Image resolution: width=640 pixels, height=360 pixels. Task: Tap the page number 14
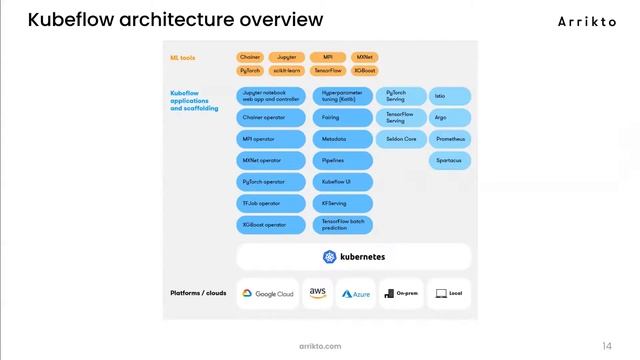pyautogui.click(x=607, y=346)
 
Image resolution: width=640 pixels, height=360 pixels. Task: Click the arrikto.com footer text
pyautogui.click(x=320, y=346)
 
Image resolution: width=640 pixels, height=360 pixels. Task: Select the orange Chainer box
pyautogui.click(x=250, y=58)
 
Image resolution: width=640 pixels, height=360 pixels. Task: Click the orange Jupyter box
pyautogui.click(x=286, y=58)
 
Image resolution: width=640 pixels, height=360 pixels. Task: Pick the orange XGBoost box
pyautogui.click(x=365, y=71)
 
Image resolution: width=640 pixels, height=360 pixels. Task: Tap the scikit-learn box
pyautogui.click(x=286, y=71)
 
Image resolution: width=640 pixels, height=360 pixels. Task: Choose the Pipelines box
pyautogui.click(x=342, y=160)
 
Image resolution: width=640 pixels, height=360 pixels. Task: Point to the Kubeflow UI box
pyautogui.click(x=342, y=182)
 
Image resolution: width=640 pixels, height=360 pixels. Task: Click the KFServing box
pyautogui.click(x=342, y=203)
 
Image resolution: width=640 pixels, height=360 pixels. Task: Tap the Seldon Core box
pyautogui.click(x=402, y=139)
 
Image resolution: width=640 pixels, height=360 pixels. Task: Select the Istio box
pyautogui.click(x=449, y=96)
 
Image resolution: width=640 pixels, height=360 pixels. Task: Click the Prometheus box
pyautogui.click(x=449, y=139)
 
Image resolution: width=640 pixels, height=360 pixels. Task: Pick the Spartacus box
pyautogui.click(x=449, y=160)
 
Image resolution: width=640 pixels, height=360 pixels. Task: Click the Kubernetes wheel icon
pyautogui.click(x=329, y=257)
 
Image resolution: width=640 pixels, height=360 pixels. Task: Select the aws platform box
pyautogui.click(x=318, y=294)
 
